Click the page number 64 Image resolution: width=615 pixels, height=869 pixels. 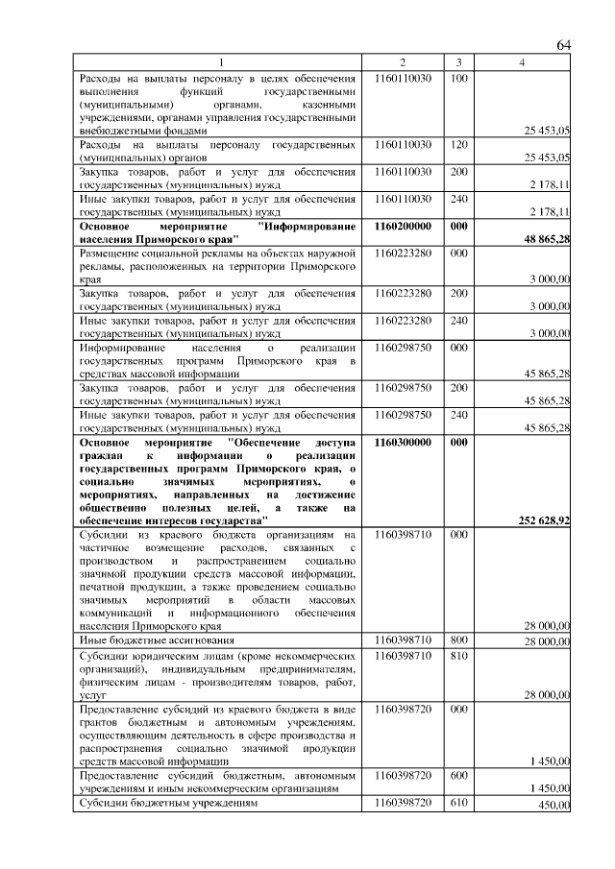click(563, 45)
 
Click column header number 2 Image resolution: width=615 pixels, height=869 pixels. click(403, 63)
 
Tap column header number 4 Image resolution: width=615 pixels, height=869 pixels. click(522, 63)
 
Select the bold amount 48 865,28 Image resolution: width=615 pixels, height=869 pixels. click(548, 238)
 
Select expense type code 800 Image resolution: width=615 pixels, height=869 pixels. click(458, 639)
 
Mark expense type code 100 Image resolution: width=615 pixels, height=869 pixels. click(458, 77)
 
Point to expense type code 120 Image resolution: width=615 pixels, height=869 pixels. click(458, 144)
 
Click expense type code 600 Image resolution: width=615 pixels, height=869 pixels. click(458, 775)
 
